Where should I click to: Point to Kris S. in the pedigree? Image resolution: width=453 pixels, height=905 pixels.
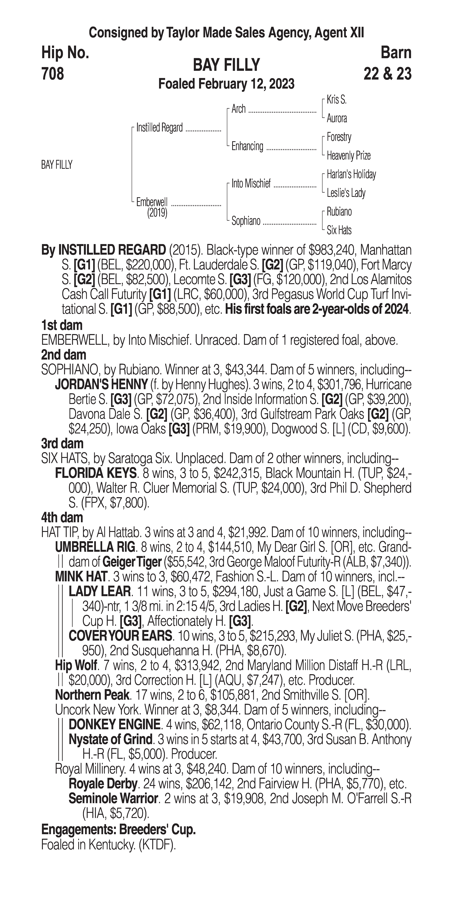click(x=336, y=100)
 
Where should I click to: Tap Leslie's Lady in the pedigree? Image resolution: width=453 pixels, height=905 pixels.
click(x=346, y=193)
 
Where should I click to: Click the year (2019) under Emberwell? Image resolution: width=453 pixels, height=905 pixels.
click(x=157, y=213)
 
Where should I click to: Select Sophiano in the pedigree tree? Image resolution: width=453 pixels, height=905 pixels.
click(x=246, y=221)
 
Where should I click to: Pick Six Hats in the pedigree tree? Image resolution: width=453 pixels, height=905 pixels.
click(x=339, y=230)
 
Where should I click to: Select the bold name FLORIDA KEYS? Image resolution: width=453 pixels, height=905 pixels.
click(x=95, y=473)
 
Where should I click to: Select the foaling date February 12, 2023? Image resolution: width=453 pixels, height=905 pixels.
click(x=246, y=84)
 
